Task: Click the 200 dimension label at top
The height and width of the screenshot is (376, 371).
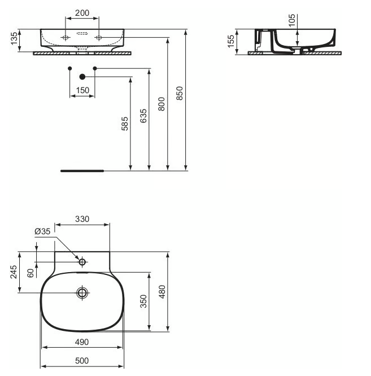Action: coord(82,12)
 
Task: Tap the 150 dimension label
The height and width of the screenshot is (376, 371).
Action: coord(82,90)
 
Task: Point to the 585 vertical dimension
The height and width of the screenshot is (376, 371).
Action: coord(125,123)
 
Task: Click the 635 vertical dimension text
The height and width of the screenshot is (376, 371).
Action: coord(143,116)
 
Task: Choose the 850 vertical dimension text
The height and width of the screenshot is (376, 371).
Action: coord(180,93)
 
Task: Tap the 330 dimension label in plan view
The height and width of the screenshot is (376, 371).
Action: coord(84,219)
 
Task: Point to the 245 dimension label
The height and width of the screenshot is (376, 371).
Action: coord(14,272)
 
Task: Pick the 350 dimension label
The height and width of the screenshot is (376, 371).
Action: coord(143,302)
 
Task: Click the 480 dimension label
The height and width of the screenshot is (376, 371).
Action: coord(162,291)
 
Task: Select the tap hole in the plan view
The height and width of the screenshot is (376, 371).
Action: coord(82,262)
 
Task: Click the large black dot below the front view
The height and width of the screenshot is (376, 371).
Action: coord(82,76)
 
